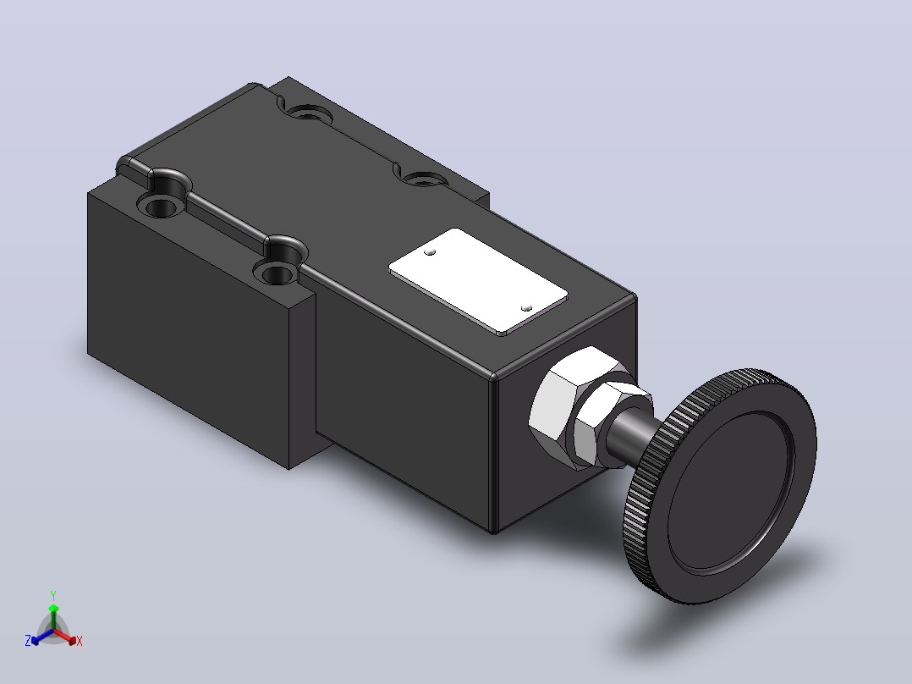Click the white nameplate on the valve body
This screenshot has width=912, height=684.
[478, 281]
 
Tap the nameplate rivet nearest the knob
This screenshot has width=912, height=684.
[526, 308]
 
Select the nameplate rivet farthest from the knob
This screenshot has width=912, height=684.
[430, 252]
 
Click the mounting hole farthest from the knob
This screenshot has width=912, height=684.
[306, 112]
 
